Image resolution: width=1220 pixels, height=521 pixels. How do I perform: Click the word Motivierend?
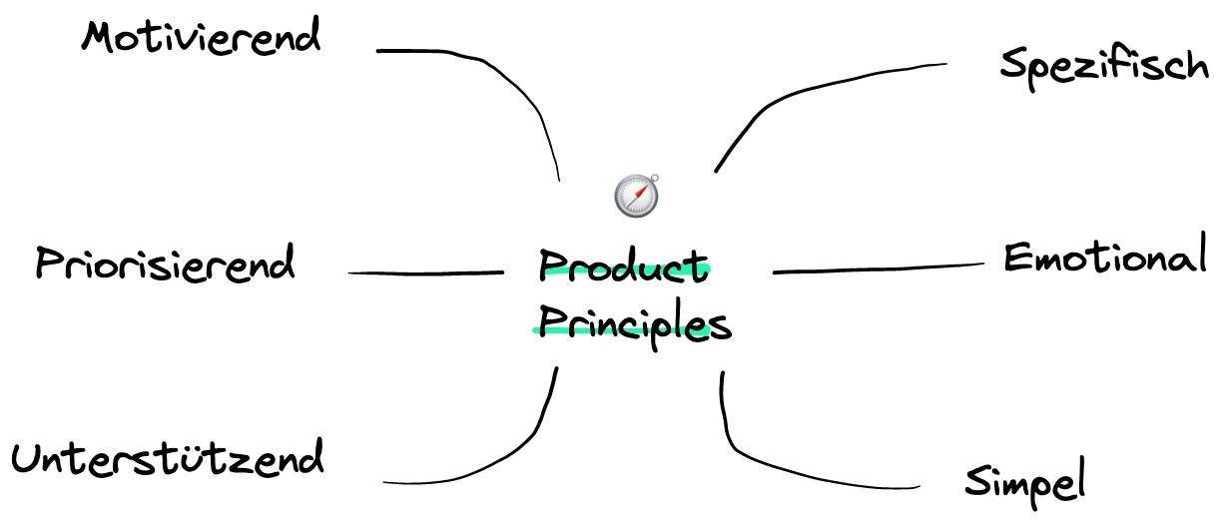(x=201, y=39)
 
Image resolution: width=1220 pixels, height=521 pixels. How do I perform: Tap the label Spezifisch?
(x=1103, y=66)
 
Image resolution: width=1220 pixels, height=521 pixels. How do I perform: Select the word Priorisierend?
(x=165, y=264)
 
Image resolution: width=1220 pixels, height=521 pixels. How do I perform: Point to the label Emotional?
(x=1103, y=258)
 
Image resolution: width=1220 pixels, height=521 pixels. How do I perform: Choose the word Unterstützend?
(x=168, y=459)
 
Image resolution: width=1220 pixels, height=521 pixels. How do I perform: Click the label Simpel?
(x=1024, y=482)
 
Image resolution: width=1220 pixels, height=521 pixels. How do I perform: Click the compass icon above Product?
(x=636, y=195)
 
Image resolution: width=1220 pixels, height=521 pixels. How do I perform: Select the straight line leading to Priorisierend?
(x=424, y=272)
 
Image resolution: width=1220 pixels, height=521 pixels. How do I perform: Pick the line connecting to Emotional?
(x=879, y=267)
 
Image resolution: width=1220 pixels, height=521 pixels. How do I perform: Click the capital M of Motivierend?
(x=97, y=39)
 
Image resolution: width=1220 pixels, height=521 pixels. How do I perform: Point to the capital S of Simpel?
(x=976, y=482)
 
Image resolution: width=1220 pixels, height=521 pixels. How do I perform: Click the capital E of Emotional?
(x=1016, y=258)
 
